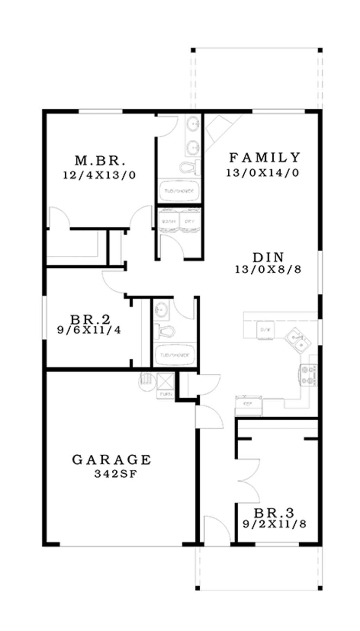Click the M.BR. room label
(100, 161)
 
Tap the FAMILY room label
(264, 157)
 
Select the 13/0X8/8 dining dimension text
(268, 269)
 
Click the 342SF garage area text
(115, 474)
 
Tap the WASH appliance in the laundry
(168, 221)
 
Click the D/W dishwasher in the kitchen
(265, 330)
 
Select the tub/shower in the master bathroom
(179, 191)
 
